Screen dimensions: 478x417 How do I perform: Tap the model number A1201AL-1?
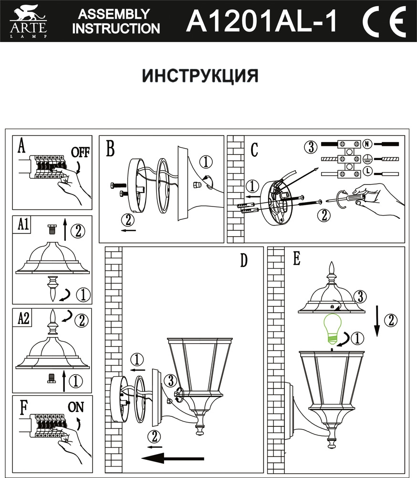(262, 22)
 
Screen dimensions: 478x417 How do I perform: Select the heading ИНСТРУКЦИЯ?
(201, 76)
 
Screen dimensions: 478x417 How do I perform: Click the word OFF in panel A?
(81, 153)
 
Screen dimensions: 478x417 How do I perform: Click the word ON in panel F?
(76, 408)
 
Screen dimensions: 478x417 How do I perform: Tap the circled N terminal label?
(367, 143)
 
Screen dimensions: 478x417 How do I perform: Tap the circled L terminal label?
(367, 171)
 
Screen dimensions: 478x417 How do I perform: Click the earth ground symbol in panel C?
(367, 157)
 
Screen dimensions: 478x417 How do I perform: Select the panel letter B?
(110, 149)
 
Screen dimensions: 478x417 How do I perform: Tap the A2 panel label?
(22, 318)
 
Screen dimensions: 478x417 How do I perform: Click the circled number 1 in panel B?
(205, 162)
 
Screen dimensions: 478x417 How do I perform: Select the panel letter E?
(297, 259)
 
